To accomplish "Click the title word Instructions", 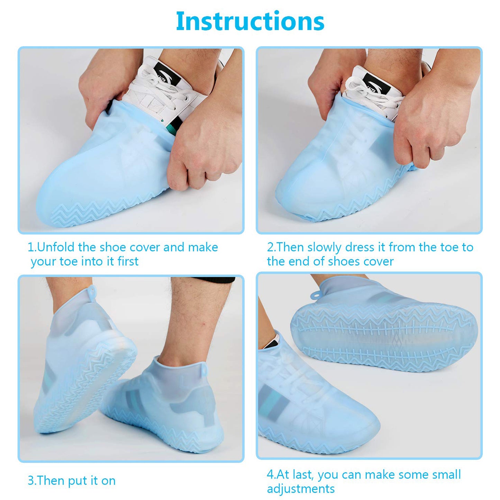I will pos(250,21).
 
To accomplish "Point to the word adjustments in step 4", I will pos(301,489).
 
